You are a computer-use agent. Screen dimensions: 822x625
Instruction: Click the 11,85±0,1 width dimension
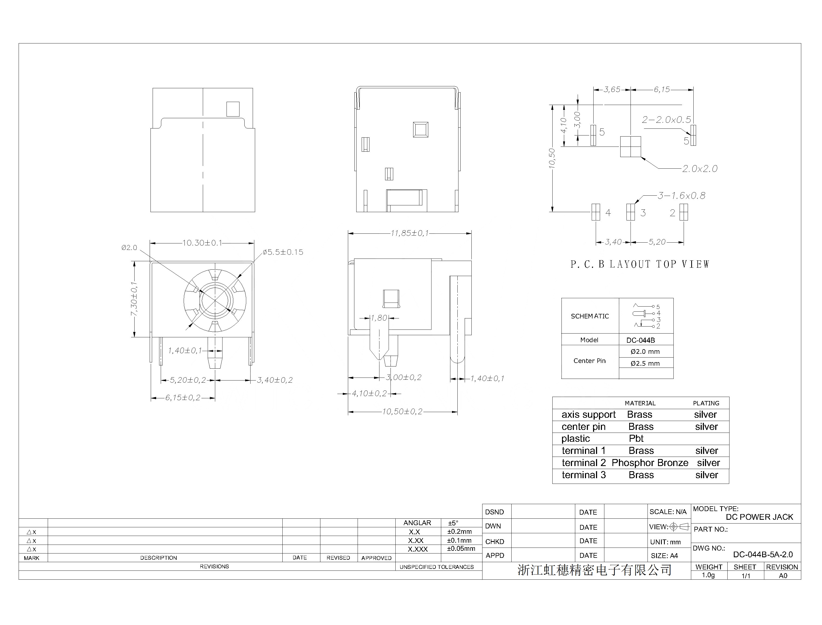[409, 233]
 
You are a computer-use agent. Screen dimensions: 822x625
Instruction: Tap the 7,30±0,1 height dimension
[134, 299]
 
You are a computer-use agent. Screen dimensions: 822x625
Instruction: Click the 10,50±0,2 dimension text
[402, 412]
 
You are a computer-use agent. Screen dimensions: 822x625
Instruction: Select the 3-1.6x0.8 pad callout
[681, 195]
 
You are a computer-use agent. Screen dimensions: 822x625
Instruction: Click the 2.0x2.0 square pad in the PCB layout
[631, 146]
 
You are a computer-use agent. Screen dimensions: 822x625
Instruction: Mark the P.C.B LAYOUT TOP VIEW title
[640, 264]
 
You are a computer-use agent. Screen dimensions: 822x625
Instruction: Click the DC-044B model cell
[641, 340]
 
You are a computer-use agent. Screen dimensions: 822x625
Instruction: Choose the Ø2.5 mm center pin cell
[645, 364]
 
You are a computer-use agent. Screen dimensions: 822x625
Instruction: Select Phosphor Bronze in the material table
[650, 463]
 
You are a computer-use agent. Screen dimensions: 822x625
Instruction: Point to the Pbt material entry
[636, 439]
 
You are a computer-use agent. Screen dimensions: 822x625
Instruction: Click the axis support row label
[588, 415]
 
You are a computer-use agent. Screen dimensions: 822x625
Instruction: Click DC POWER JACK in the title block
[759, 517]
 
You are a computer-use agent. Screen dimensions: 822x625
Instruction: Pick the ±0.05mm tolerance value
[461, 549]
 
